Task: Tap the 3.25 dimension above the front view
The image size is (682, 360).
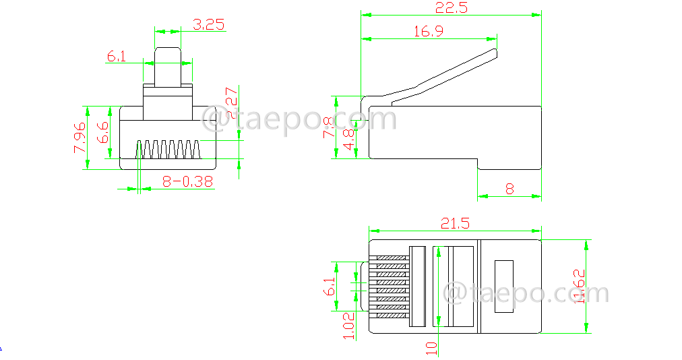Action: click(208, 25)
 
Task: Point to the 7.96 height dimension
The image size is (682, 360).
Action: click(79, 138)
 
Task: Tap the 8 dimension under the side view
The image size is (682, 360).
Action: click(509, 189)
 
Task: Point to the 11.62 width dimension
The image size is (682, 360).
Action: click(578, 287)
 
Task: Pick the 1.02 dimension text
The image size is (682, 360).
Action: click(349, 326)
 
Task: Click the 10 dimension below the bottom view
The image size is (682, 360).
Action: click(431, 348)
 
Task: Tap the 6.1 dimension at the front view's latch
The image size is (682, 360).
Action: click(116, 57)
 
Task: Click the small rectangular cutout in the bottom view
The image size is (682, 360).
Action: click(503, 287)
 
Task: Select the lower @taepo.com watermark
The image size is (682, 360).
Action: click(526, 294)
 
